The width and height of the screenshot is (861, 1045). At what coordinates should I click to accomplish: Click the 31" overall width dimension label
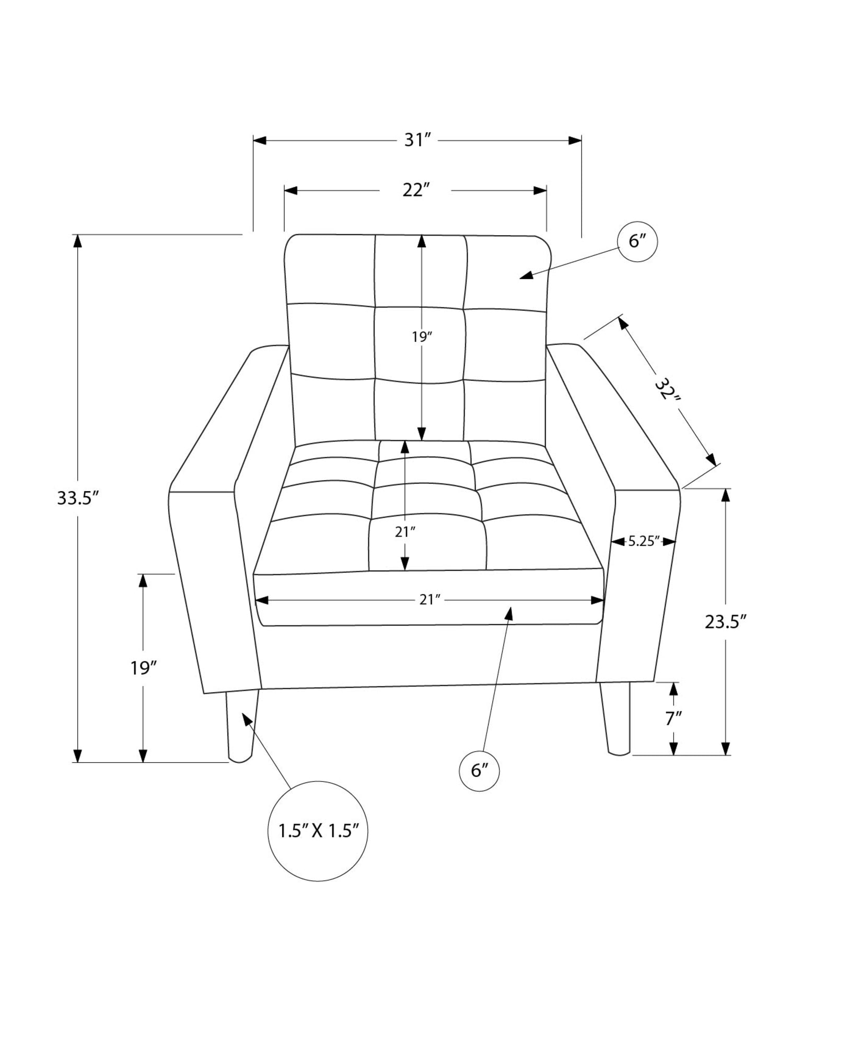pyautogui.click(x=416, y=141)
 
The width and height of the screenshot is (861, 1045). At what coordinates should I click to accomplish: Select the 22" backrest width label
pyautogui.click(x=415, y=190)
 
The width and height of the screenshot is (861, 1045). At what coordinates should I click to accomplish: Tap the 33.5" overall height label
pyautogui.click(x=78, y=498)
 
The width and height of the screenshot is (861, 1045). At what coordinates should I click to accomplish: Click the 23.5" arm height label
pyautogui.click(x=726, y=622)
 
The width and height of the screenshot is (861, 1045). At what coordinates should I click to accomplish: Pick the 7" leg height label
pyautogui.click(x=673, y=719)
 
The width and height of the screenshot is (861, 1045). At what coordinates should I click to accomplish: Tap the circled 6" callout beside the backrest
pyautogui.click(x=637, y=241)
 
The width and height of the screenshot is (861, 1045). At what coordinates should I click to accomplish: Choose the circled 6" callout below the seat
pyautogui.click(x=479, y=770)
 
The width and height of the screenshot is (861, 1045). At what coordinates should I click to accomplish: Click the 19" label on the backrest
pyautogui.click(x=422, y=337)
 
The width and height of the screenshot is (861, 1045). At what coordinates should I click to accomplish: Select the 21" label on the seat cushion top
pyautogui.click(x=405, y=532)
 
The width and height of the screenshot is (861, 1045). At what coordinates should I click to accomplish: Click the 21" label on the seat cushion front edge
pyautogui.click(x=430, y=600)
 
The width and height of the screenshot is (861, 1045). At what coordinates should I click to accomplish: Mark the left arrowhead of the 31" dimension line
pyautogui.click(x=260, y=141)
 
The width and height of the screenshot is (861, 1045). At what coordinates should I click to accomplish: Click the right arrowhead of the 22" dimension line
pyautogui.click(x=540, y=190)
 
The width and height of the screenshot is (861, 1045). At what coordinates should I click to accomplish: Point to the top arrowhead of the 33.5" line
pyautogui.click(x=78, y=241)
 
